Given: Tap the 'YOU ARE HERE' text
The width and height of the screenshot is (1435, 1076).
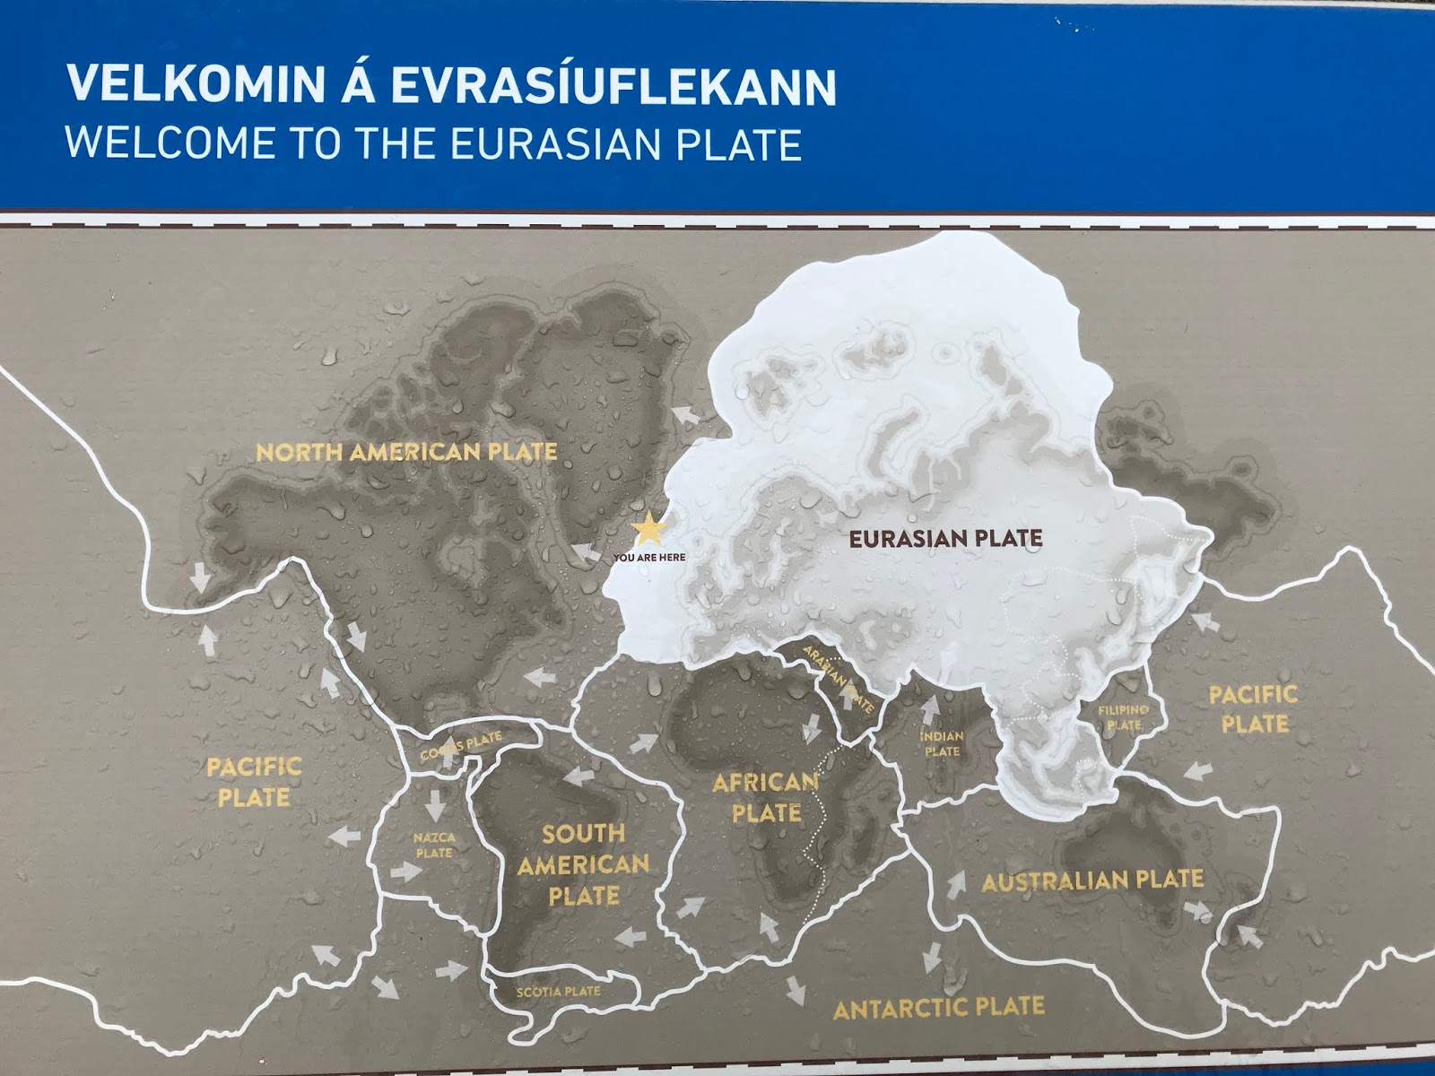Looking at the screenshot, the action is [x=649, y=558].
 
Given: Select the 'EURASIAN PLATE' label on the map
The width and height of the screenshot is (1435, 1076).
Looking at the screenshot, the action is [x=945, y=539].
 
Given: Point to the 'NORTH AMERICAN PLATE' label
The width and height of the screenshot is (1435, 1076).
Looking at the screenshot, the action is [x=406, y=452].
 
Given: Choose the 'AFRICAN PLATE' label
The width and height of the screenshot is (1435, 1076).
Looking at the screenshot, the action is [x=765, y=798].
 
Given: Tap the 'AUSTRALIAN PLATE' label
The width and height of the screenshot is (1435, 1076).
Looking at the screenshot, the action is [x=1091, y=881].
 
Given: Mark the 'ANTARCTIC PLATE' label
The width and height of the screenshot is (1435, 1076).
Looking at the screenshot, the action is [x=938, y=1008].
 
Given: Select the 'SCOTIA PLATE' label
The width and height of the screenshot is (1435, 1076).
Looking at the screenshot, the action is [x=558, y=992].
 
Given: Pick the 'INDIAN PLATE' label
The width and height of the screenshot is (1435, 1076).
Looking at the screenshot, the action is [x=942, y=743].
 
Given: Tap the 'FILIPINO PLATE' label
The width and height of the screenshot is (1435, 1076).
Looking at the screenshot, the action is [x=1123, y=717].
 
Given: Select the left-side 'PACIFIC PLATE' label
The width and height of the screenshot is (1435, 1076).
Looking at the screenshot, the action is [x=254, y=782].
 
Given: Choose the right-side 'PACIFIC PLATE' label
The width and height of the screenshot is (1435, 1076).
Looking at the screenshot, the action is [x=1253, y=708].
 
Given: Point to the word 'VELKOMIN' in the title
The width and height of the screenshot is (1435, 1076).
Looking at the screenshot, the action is [x=195, y=84].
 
